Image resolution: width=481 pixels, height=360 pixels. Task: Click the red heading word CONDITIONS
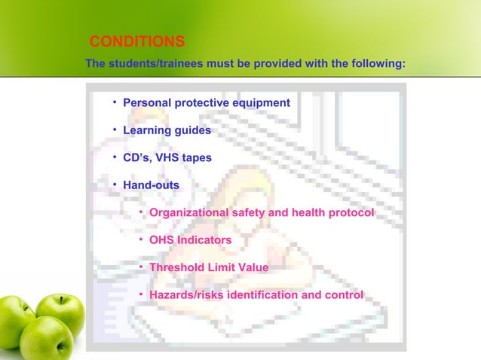tap(136, 41)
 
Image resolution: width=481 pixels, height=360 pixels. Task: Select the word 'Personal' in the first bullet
tap(147, 102)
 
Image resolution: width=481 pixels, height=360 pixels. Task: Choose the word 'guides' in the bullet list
tap(193, 130)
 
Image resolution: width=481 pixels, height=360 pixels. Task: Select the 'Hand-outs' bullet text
tap(151, 185)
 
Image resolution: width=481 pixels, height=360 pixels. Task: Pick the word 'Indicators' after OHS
tap(204, 240)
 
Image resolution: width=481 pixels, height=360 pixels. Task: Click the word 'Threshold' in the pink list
tap(177, 267)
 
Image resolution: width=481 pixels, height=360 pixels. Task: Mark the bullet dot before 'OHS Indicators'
tap(142, 239)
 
